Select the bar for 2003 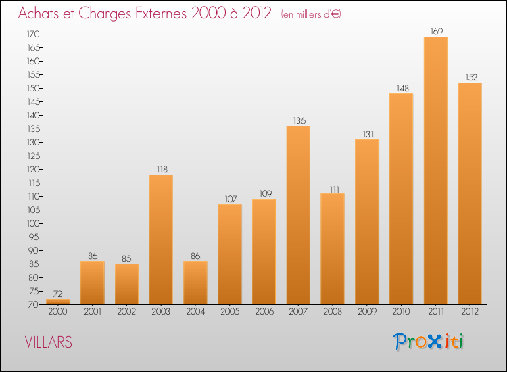(x=161, y=239)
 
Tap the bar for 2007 (x=298, y=215)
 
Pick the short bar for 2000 (x=58, y=302)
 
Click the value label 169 (x=435, y=30)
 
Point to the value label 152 (x=470, y=76)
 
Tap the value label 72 (x=58, y=294)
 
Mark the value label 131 (x=366, y=133)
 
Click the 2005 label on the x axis (x=230, y=312)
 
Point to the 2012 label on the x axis (x=470, y=312)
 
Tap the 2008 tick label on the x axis (x=333, y=312)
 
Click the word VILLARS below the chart (x=48, y=342)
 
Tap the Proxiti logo (x=429, y=342)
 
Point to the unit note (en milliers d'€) (x=311, y=14)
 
